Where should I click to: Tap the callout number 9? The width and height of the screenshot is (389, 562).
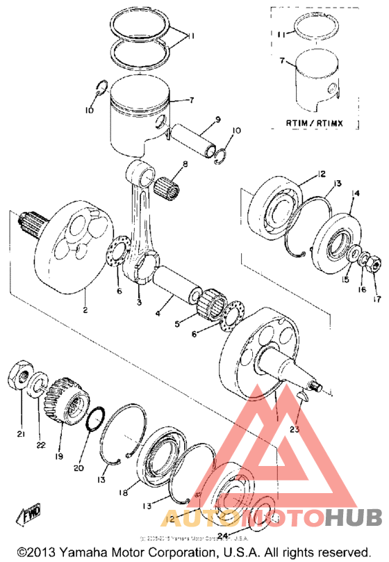[x=217, y=120]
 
